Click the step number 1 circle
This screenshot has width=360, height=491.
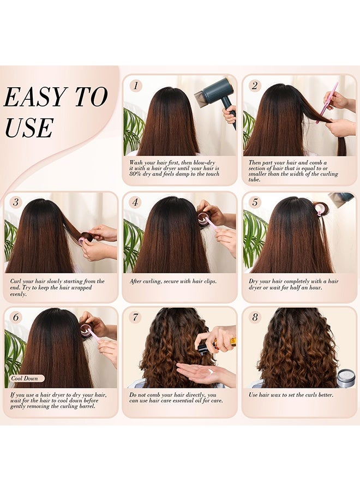[136, 86]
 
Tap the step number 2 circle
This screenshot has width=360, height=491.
[255, 86]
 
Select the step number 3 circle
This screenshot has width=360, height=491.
[15, 202]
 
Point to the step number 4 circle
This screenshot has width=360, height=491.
[135, 202]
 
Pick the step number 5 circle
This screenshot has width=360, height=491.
[255, 202]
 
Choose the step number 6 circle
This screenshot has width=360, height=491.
[15, 318]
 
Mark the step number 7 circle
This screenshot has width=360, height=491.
[135, 318]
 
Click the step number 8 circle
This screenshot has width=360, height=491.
[255, 318]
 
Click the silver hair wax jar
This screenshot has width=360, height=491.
[346, 378]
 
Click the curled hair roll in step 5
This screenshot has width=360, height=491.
[320, 208]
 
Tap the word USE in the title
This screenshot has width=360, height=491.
[28, 128]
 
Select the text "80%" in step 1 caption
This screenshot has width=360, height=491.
[136, 174]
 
